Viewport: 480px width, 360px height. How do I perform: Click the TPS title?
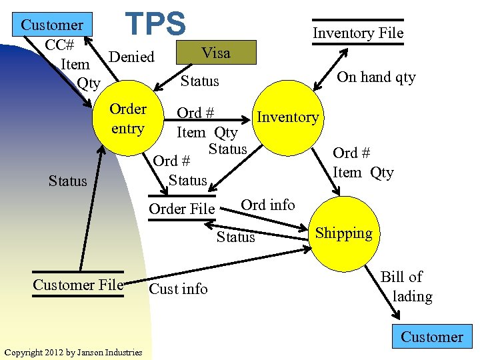click(x=157, y=23)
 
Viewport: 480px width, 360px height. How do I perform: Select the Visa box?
click(x=216, y=53)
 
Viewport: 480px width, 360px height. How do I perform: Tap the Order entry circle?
click(x=128, y=118)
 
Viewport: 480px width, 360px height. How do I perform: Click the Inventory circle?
click(x=288, y=117)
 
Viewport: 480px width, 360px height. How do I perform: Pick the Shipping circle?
click(x=344, y=233)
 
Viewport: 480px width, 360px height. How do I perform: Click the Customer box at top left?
click(x=53, y=25)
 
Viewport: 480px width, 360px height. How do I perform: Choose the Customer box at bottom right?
click(x=432, y=337)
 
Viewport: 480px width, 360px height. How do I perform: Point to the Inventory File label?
click(x=359, y=33)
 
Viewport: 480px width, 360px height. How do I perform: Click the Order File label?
click(x=182, y=209)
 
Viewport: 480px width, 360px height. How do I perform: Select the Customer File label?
click(x=79, y=285)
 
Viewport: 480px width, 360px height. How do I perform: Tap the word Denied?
click(x=131, y=57)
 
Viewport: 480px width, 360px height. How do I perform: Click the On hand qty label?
click(x=376, y=77)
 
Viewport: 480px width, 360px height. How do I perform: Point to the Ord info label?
click(x=267, y=205)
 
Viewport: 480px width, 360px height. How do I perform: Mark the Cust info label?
click(x=178, y=289)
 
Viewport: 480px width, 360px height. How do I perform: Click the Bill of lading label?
click(x=407, y=287)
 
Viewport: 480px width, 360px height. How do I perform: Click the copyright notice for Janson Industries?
click(x=73, y=352)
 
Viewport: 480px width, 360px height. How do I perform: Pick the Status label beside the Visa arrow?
click(x=200, y=81)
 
